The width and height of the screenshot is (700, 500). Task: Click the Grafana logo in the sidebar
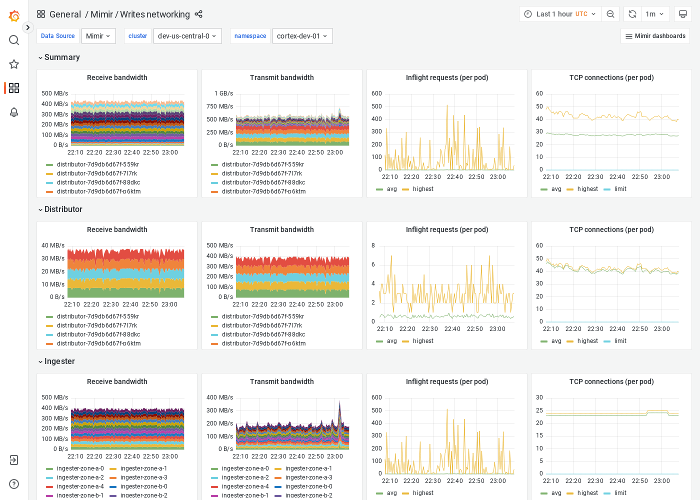coord(14,16)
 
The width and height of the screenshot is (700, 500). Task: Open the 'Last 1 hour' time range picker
coord(559,14)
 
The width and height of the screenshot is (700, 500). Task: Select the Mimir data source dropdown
coord(98,36)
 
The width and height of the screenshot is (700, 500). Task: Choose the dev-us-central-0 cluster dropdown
coord(187,36)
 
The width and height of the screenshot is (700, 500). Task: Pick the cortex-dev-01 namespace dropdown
coord(302,36)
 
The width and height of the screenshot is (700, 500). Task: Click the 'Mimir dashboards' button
coord(655,36)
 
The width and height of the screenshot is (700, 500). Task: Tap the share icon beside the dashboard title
coord(198,14)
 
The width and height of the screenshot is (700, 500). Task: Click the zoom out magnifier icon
coord(610,14)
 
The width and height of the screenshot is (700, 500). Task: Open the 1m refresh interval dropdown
coord(654,14)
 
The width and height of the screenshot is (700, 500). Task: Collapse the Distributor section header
coord(63,209)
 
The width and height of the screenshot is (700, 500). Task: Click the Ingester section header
coord(59,361)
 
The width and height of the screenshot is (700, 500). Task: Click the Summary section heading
coord(62,57)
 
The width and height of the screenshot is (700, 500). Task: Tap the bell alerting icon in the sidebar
coord(14,112)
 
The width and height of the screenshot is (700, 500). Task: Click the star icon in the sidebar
coord(14,64)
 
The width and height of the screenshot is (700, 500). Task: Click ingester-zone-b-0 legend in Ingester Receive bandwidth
coord(143,486)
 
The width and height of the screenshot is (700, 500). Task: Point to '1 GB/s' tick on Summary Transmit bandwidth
coord(223,93)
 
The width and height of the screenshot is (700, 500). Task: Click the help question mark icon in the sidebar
coord(14,484)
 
